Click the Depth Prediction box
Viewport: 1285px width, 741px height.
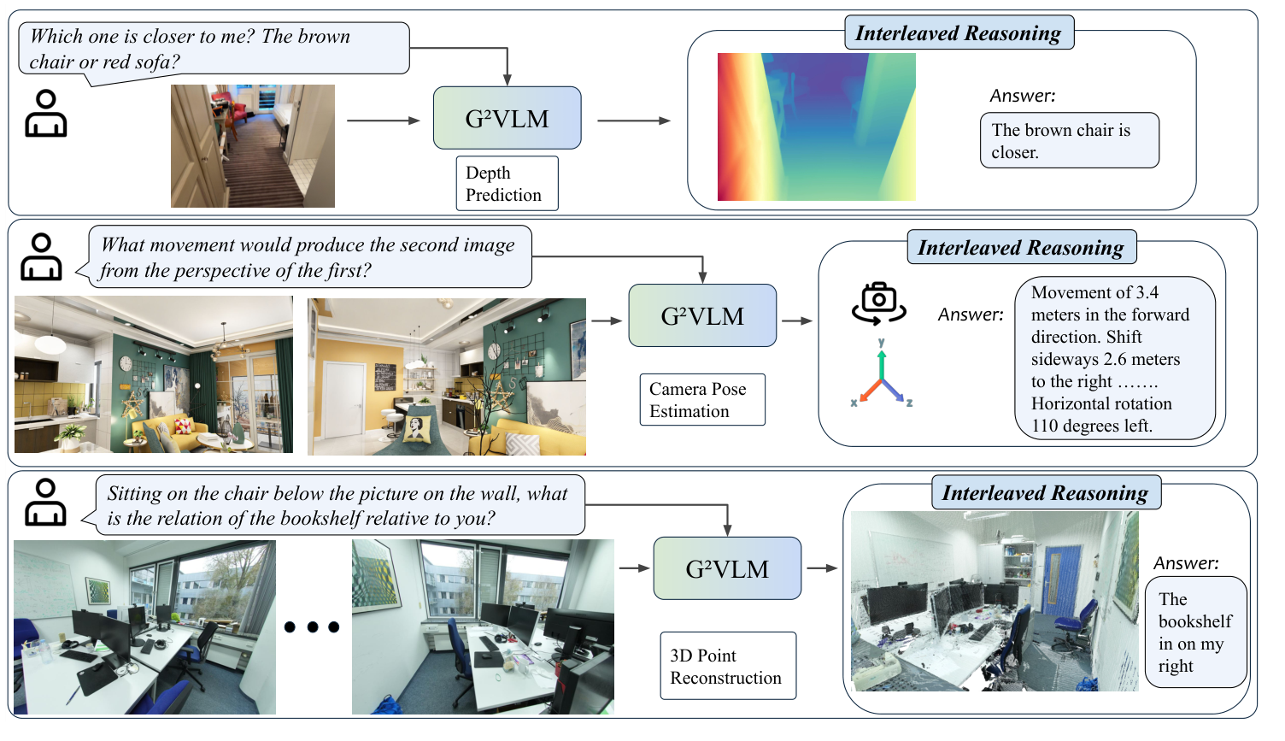(x=507, y=183)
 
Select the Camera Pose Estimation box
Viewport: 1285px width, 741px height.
(x=701, y=399)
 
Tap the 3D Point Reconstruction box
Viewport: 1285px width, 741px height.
(x=727, y=666)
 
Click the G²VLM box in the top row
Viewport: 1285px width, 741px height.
(x=507, y=118)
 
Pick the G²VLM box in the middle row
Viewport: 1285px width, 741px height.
(x=702, y=315)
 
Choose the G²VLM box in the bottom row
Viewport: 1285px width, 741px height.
(x=727, y=568)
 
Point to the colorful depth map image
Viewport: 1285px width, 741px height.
(x=816, y=126)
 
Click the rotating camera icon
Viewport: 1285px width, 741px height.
(x=878, y=303)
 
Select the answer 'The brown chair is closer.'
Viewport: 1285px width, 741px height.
(x=1069, y=140)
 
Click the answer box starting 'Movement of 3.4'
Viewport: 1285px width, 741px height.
(x=1114, y=358)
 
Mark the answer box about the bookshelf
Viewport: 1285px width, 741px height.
(x=1195, y=632)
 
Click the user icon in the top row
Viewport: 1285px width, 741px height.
(x=45, y=114)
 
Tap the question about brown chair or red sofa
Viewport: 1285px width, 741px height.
(x=214, y=49)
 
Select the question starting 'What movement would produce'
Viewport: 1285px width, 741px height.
(x=309, y=257)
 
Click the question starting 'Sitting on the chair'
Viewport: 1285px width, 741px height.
(x=339, y=505)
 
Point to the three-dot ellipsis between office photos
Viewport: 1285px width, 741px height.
(x=312, y=627)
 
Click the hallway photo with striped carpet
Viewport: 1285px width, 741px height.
(x=253, y=146)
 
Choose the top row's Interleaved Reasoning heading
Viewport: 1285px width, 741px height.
(x=958, y=33)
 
